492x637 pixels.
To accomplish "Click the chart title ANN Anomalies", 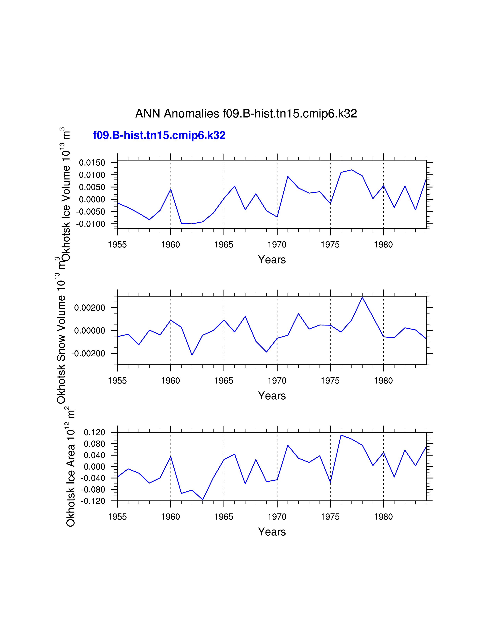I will coord(246,114).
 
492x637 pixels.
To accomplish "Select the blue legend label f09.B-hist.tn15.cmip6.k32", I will coord(159,135).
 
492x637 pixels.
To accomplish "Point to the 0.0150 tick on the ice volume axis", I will coord(92,163).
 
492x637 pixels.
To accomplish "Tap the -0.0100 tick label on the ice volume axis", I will coord(91,224).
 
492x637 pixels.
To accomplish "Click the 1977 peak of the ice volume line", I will coord(352,170).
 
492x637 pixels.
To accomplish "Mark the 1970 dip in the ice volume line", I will coord(277,217).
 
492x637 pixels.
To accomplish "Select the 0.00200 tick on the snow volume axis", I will coord(90,308).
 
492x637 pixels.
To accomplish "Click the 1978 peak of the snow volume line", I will coord(362,297).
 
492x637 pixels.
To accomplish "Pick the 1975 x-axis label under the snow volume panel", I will coord(330,381).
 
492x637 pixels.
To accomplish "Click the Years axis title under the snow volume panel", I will coord(272,396).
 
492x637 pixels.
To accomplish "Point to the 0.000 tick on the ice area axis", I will coord(94,467).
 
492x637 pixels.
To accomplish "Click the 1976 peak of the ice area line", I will coord(341,435).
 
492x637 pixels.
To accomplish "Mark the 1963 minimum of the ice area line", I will coord(203,500).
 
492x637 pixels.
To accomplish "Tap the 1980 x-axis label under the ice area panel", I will coord(383,517).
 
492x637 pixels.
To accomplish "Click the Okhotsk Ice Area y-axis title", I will coord(71,470).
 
